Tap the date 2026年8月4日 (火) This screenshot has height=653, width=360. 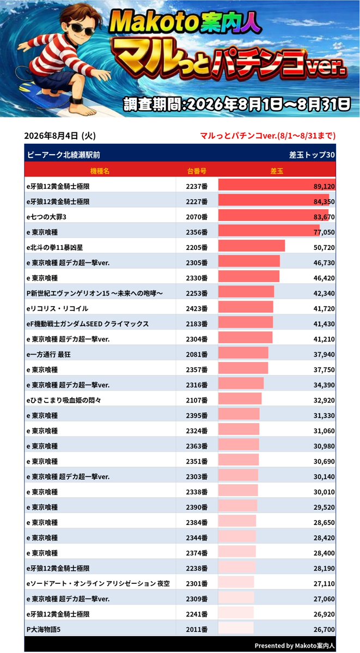(x=60, y=136)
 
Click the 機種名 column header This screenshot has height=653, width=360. (x=100, y=171)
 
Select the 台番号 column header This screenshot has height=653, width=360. (x=197, y=171)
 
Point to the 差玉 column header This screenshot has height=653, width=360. (x=277, y=171)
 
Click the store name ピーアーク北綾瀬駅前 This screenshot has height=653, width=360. (x=63, y=155)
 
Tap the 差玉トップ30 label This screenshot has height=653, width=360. (x=312, y=155)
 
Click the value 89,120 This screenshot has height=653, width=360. (x=324, y=187)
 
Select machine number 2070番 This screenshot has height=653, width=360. (x=197, y=217)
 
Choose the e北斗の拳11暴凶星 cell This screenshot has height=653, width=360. (x=54, y=247)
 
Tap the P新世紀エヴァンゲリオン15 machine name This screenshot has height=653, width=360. (x=94, y=293)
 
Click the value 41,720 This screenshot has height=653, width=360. (x=324, y=309)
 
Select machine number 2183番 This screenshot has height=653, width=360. (x=197, y=324)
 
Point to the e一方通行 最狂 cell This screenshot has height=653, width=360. (x=51, y=355)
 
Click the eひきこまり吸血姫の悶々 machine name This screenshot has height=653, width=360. (x=64, y=400)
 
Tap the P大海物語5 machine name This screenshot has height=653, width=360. (x=44, y=630)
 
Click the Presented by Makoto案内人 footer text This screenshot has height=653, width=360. (x=295, y=645)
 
